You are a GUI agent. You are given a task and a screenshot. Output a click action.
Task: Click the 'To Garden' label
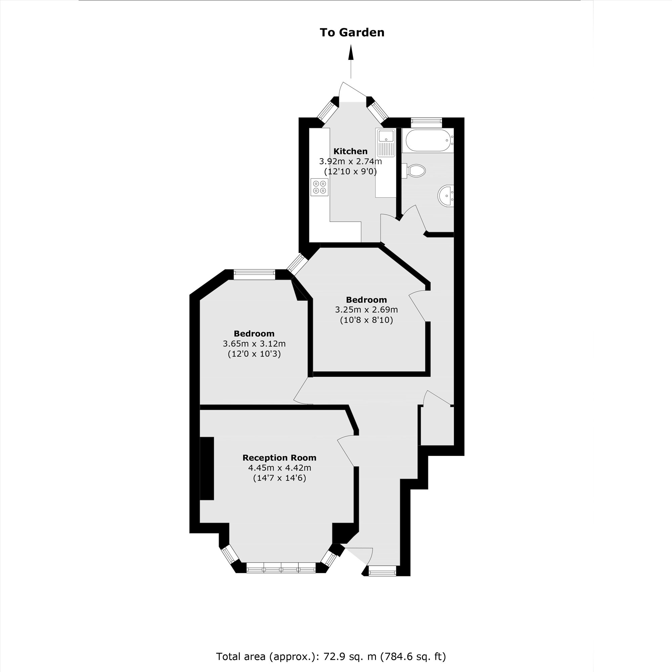(352, 32)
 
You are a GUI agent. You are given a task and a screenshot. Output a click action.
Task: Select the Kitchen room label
(350, 151)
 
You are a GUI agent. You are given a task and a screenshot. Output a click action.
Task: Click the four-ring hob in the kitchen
(320, 187)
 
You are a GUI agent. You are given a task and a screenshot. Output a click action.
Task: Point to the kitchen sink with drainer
(385, 142)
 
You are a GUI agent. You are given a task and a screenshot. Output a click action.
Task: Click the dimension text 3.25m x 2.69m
(366, 309)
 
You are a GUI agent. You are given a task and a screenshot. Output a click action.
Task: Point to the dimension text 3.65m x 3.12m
(254, 344)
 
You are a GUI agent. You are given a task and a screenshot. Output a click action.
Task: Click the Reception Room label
(279, 458)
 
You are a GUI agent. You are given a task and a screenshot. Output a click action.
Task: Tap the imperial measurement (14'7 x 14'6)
(279, 478)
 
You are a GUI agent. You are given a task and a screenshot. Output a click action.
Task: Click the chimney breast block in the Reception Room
(207, 468)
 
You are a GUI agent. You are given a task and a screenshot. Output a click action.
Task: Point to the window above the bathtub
(426, 121)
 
